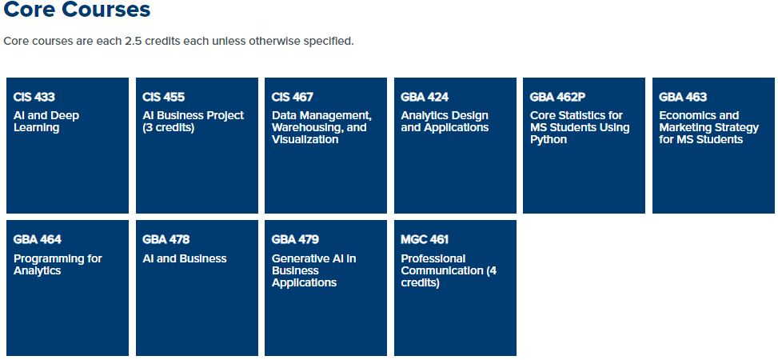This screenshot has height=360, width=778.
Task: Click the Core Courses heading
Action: tap(77, 10)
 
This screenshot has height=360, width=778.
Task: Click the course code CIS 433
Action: tap(34, 97)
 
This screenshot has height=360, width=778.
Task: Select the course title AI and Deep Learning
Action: tap(46, 122)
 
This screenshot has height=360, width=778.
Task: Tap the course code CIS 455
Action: tap(163, 97)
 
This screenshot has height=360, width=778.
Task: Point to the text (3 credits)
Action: tap(168, 128)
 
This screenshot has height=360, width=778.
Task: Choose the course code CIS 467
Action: tap(292, 97)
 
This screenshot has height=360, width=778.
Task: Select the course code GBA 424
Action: tap(425, 97)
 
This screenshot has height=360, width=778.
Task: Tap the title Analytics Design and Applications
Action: tap(445, 122)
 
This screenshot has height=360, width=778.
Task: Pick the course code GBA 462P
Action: tap(557, 97)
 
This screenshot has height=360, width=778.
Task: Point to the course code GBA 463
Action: tap(683, 97)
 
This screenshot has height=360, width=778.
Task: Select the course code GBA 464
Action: tap(38, 240)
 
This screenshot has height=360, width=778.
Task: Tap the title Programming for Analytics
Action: tap(58, 265)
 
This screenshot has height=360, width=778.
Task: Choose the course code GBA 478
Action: tap(166, 240)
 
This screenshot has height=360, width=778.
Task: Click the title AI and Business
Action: tap(185, 258)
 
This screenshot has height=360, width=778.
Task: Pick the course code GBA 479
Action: tap(295, 240)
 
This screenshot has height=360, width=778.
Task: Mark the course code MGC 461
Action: tap(425, 240)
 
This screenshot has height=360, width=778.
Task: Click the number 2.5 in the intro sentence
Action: tap(133, 42)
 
